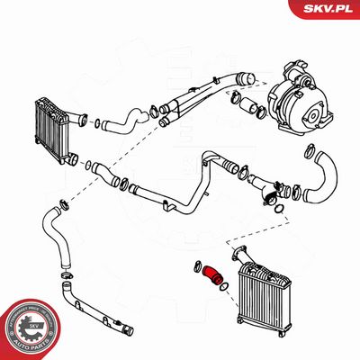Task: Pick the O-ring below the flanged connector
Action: [282, 211]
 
